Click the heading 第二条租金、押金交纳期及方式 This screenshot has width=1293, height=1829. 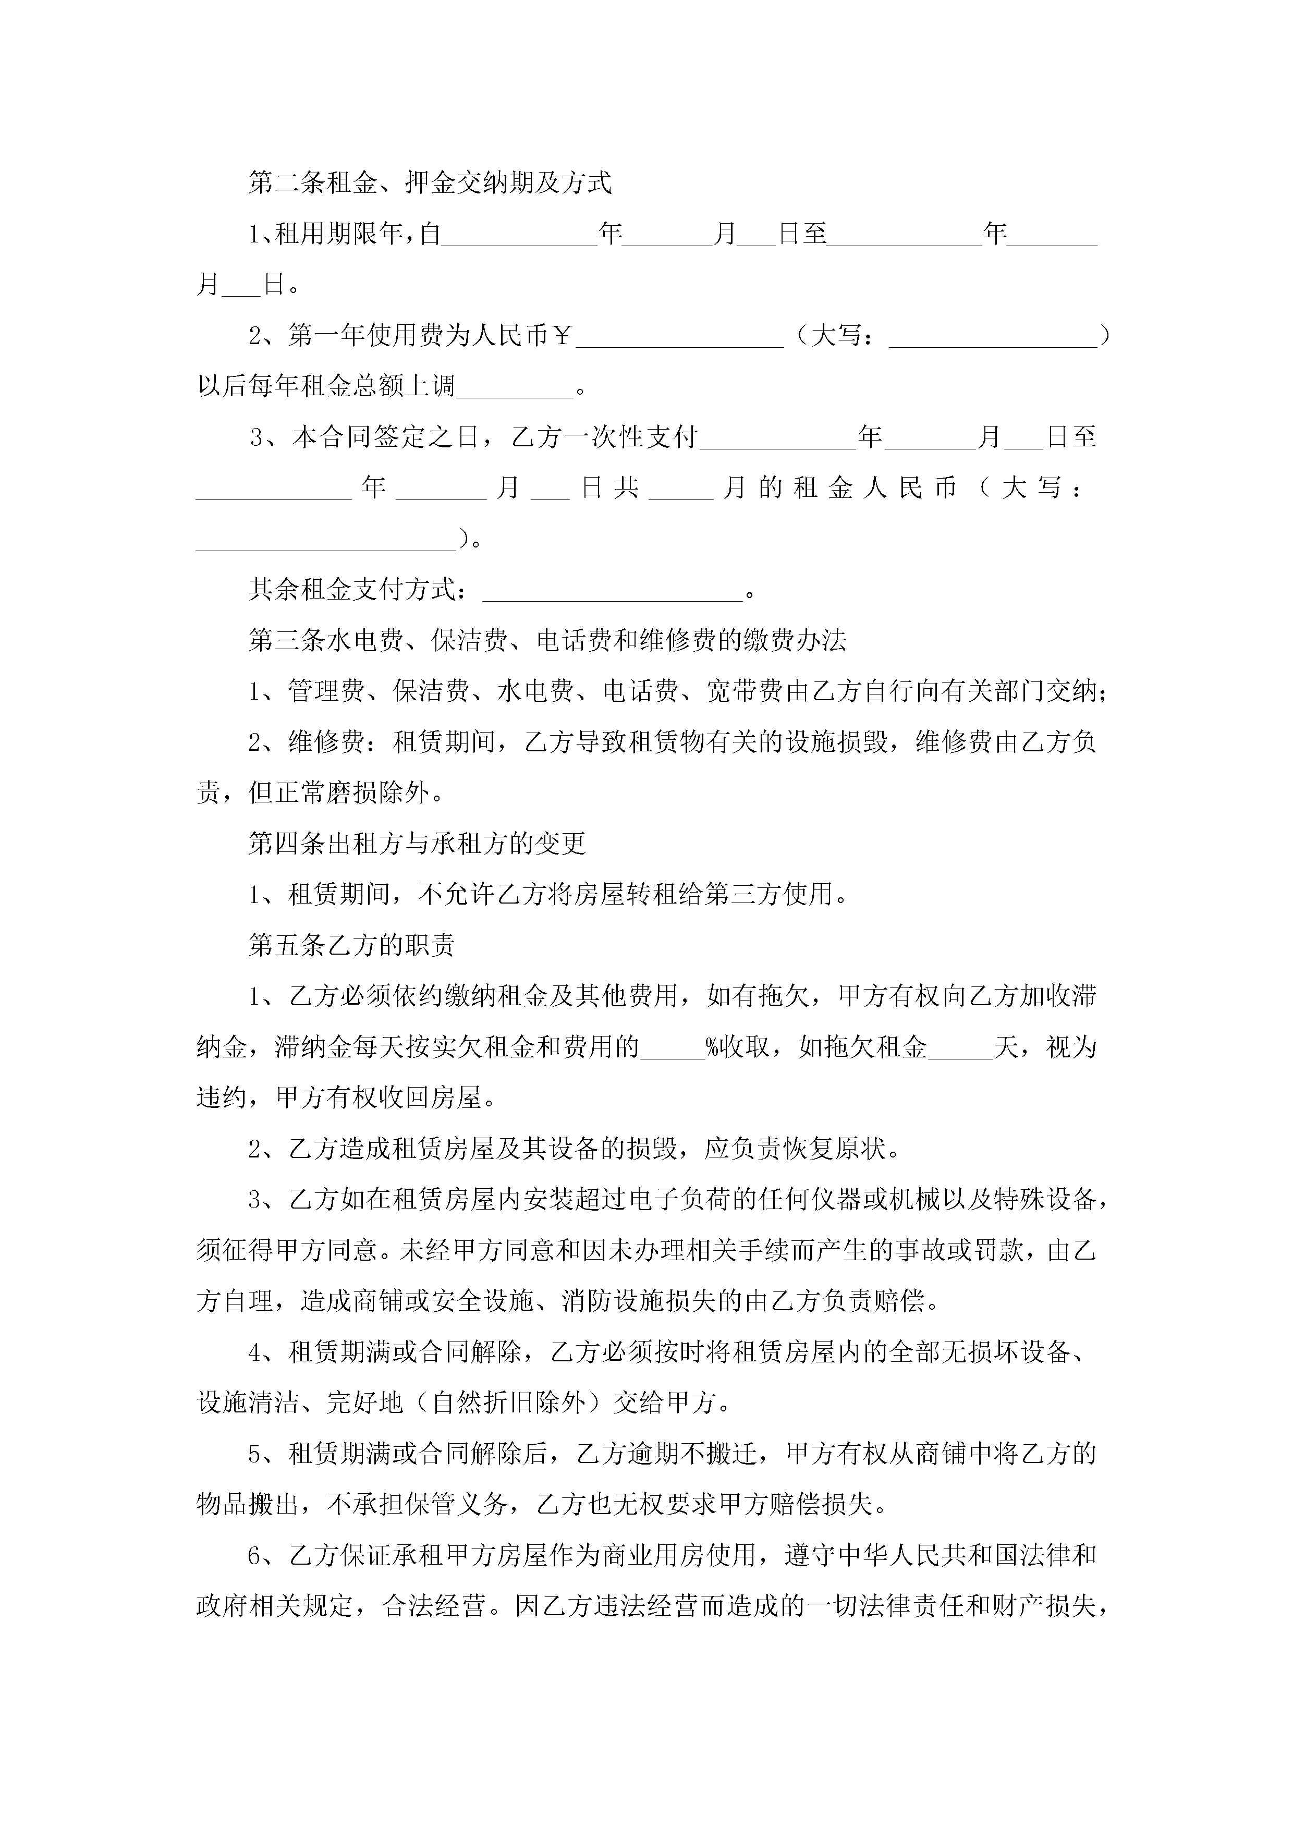click(x=430, y=183)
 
